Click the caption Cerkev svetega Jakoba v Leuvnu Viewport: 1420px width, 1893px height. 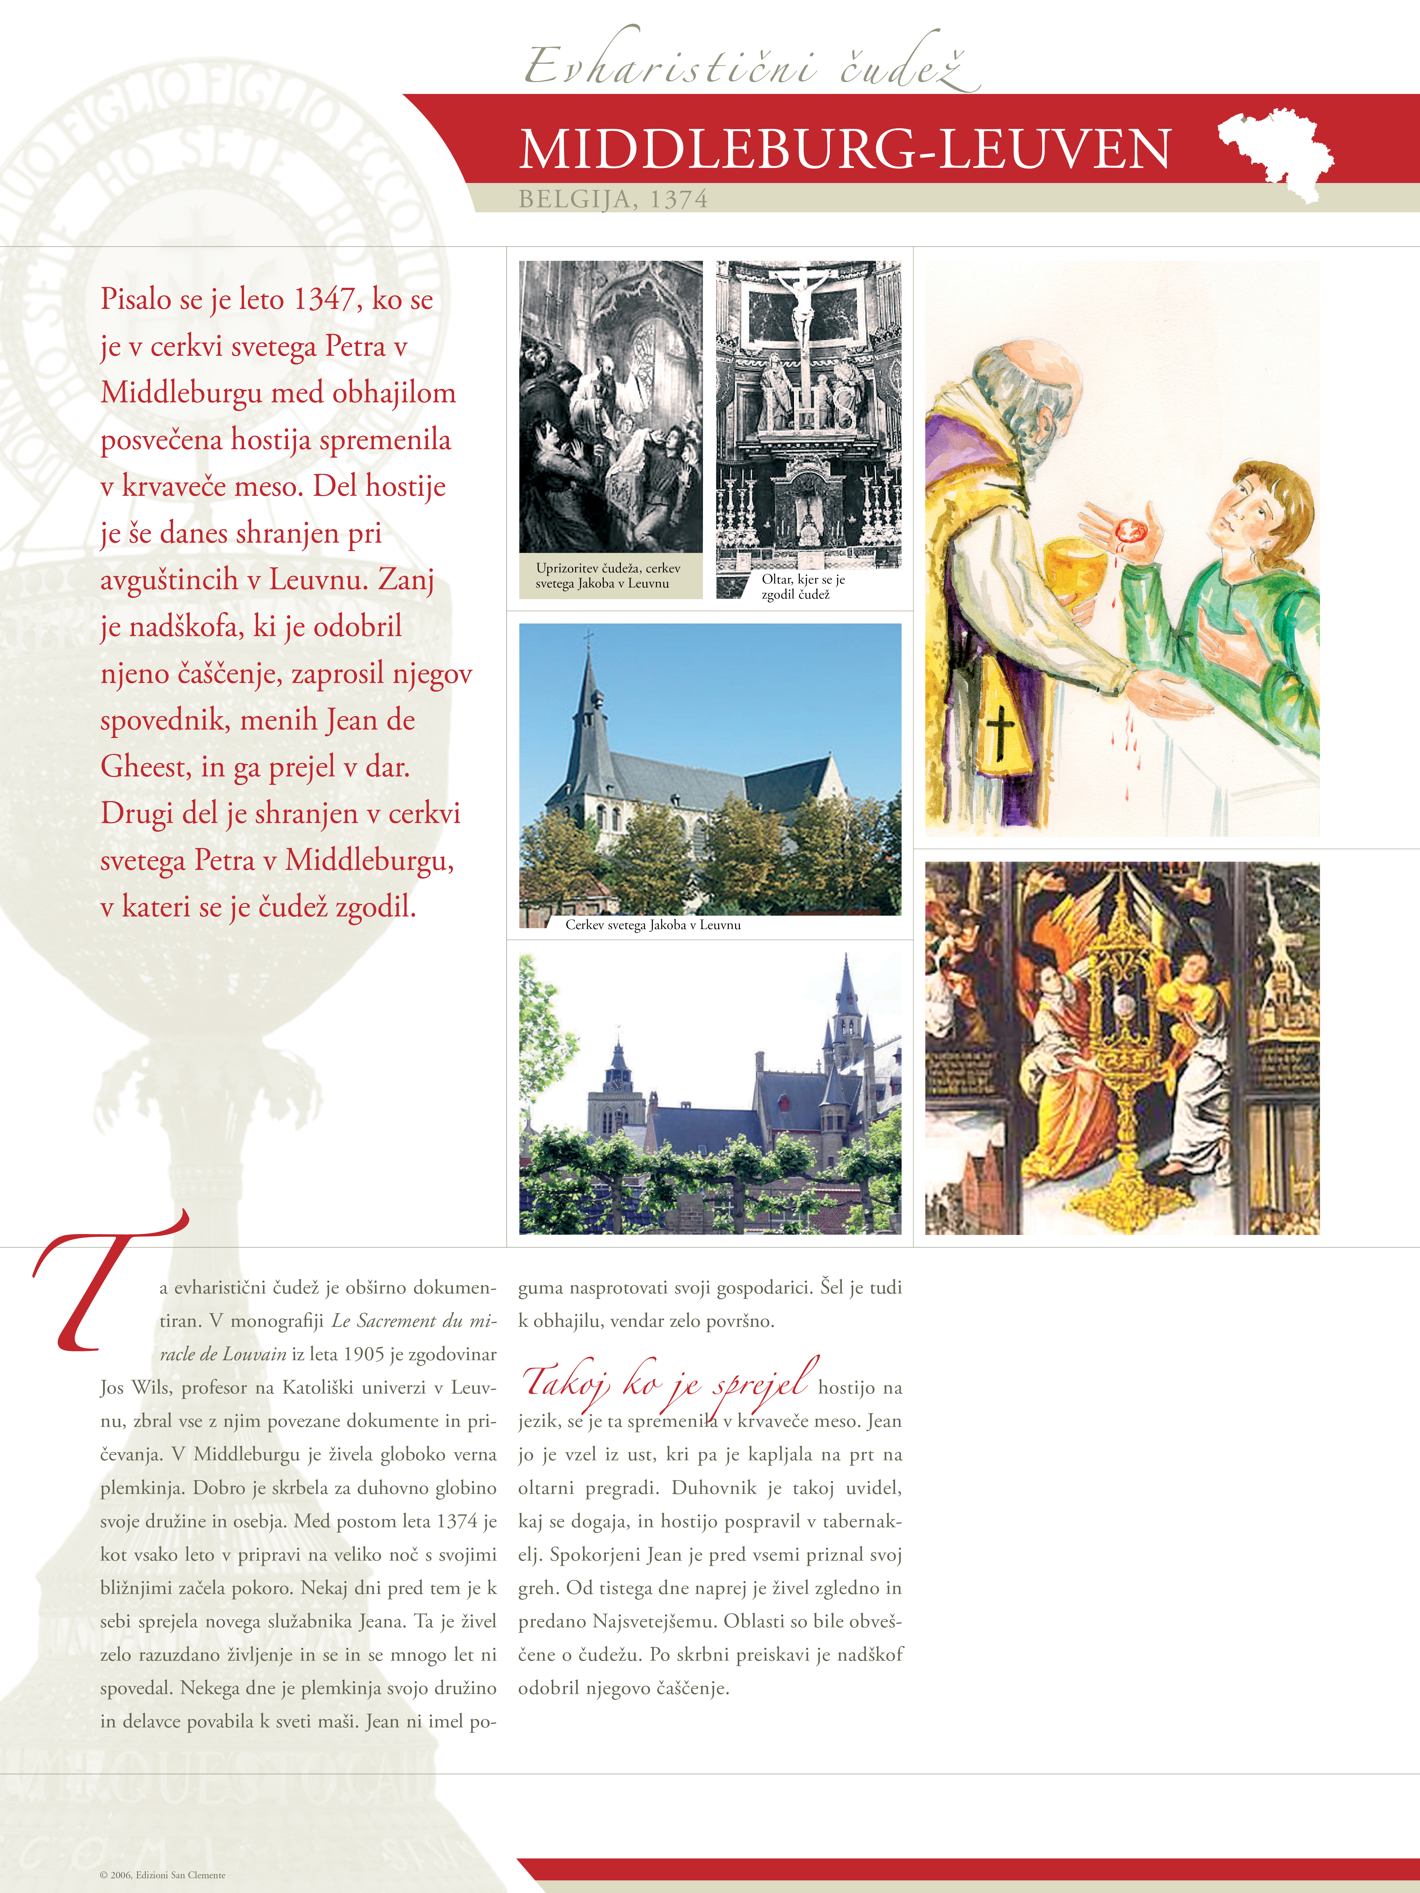coord(652,925)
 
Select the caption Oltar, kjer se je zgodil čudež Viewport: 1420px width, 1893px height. coord(803,587)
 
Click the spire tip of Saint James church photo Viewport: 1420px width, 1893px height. coord(588,638)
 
